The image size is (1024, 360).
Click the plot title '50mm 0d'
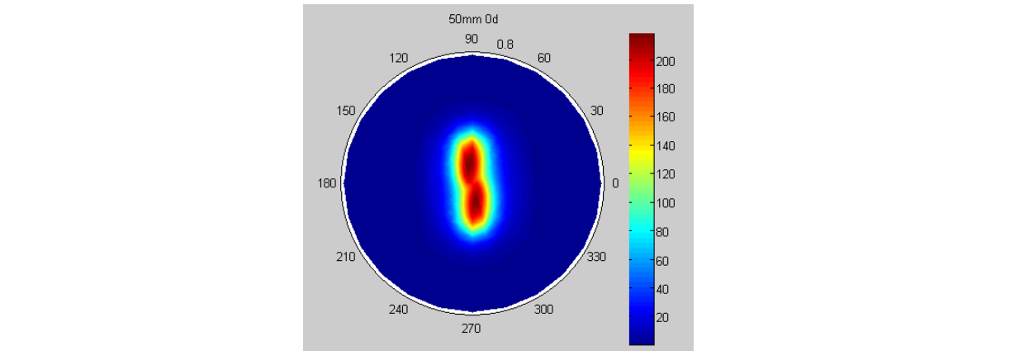click(472, 17)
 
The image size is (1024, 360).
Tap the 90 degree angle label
click(472, 39)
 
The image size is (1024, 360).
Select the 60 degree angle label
click(544, 58)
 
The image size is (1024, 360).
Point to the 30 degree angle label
click(596, 111)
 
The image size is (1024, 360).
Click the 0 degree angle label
click(614, 183)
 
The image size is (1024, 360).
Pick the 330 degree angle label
click(596, 257)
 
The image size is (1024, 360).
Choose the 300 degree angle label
click(544, 310)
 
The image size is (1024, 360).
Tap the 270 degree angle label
click(471, 329)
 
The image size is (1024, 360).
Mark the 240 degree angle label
click(399, 310)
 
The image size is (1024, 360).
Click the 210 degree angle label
click(345, 257)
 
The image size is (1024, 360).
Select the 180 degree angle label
click(327, 183)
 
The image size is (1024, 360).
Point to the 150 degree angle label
click(345, 111)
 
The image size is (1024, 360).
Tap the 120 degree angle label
click(399, 58)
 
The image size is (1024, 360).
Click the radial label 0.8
click(505, 44)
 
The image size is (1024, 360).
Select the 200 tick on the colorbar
click(666, 61)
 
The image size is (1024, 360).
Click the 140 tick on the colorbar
click(666, 146)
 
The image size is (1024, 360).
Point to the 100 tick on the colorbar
click(666, 203)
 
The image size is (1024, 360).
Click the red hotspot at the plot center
click(472, 183)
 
